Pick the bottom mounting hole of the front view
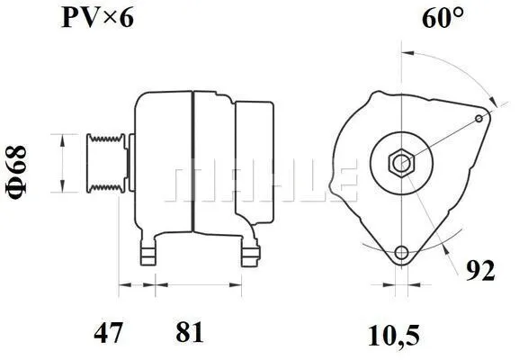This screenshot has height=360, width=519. [401, 252]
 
